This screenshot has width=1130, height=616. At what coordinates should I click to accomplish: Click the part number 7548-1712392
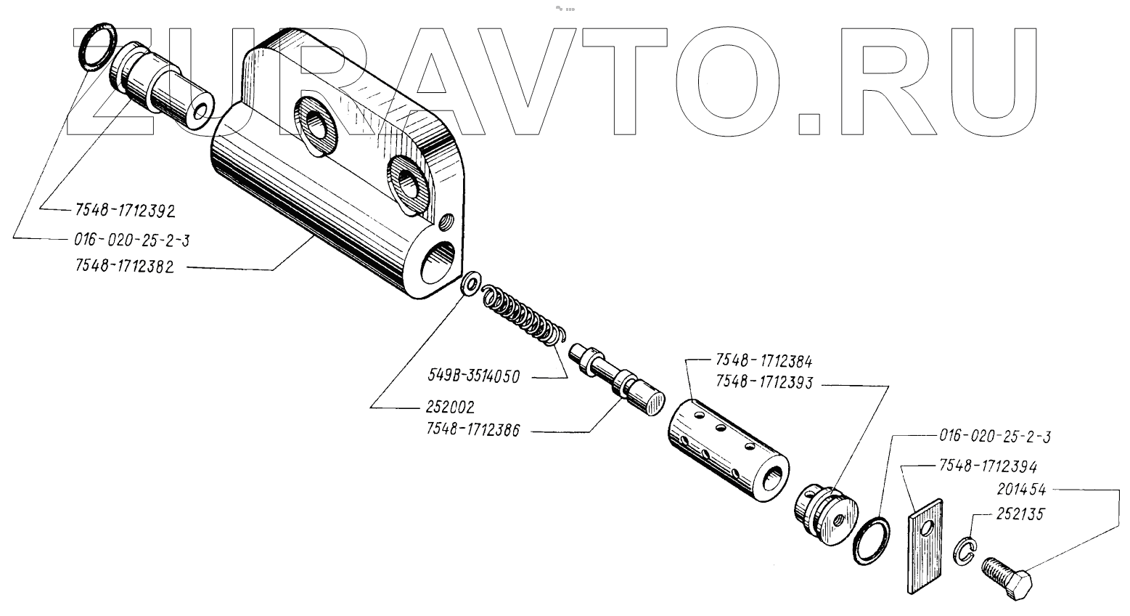(125, 211)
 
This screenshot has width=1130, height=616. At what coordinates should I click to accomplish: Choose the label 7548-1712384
(763, 361)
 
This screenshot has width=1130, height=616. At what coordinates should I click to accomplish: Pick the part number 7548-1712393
(763, 381)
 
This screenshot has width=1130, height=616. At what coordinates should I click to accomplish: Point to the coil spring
(522, 313)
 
